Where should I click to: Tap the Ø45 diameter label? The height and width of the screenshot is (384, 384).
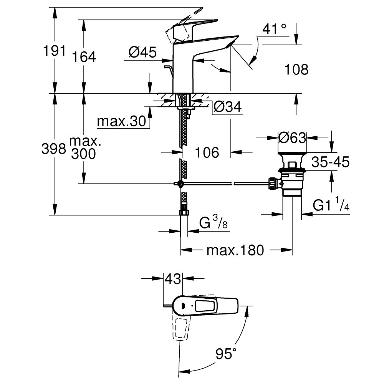[142, 52]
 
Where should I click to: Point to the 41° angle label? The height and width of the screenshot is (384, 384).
[275, 29]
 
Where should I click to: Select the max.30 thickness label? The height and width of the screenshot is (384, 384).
[122, 121]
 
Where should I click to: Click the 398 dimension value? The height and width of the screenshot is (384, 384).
[53, 149]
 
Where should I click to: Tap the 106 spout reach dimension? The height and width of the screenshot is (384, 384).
[207, 152]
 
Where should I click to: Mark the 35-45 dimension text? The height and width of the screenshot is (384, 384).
[330, 162]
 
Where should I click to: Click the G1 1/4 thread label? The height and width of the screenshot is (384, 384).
[331, 206]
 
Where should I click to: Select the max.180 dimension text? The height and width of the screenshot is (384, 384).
[235, 250]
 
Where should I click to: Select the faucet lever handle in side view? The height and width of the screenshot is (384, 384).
[192, 29]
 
